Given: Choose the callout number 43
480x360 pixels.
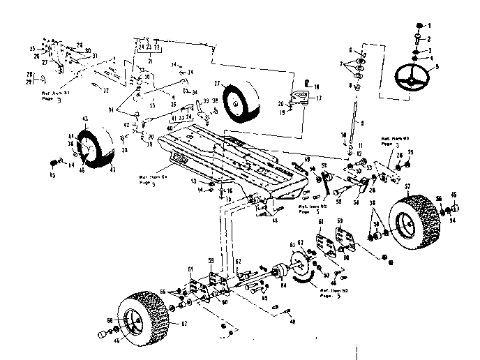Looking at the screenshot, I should (x=84, y=121).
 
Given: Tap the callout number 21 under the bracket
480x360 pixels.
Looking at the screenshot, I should (x=147, y=61).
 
